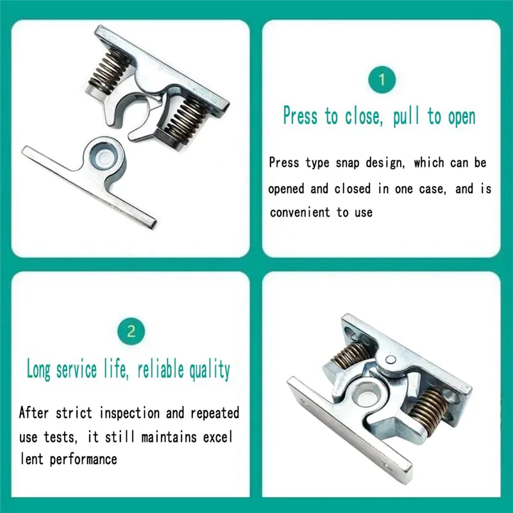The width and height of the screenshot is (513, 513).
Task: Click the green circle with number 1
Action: coord(382,80)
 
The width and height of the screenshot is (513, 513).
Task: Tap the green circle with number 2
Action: coord(131,332)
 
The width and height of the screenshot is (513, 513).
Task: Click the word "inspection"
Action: coord(133,412)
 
